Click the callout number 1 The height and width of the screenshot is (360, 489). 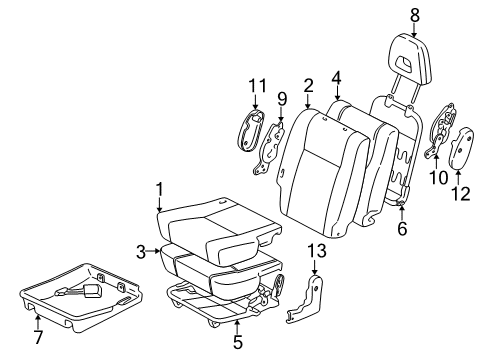pyautogui.click(x=158, y=188)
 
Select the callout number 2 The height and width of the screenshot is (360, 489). pyautogui.click(x=309, y=87)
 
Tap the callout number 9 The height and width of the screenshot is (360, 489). pyautogui.click(x=282, y=99)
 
